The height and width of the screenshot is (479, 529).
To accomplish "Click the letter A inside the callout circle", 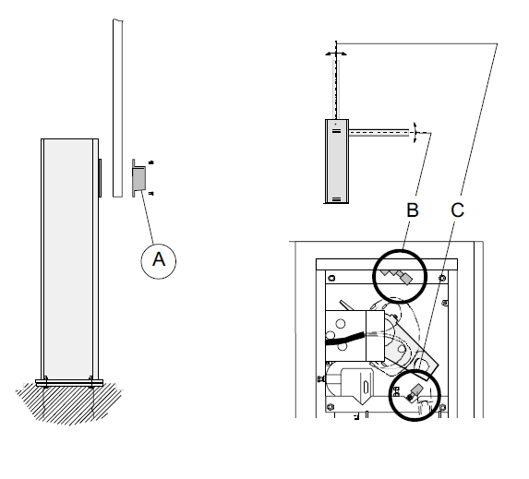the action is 159,259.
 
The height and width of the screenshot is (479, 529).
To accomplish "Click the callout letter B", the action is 413,210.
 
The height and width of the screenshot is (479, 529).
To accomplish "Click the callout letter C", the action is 458,210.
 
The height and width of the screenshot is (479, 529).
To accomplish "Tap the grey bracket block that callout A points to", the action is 138,178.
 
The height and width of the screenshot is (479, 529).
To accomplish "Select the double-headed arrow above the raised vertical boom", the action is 336,54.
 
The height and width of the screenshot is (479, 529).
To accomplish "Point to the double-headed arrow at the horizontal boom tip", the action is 415,133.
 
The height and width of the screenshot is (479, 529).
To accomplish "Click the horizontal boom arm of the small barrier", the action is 379,132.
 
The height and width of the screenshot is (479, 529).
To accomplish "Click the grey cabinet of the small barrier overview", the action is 337,162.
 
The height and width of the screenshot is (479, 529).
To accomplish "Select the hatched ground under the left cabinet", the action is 69,403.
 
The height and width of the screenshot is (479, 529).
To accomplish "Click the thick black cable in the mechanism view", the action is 344,339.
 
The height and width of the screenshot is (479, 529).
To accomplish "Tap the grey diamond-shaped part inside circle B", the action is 406,279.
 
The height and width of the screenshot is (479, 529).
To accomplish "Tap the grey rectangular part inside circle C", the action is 417,390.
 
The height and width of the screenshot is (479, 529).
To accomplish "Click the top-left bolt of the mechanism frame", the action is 331,278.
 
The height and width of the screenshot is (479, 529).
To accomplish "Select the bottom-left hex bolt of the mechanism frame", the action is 331,405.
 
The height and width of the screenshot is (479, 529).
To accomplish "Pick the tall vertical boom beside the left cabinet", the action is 118,108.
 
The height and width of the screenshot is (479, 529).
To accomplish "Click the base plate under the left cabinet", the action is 69,382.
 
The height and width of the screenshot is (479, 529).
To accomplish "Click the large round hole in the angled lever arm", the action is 423,365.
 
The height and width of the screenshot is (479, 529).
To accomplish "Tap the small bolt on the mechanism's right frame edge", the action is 445,303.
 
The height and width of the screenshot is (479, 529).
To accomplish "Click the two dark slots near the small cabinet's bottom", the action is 336,199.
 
